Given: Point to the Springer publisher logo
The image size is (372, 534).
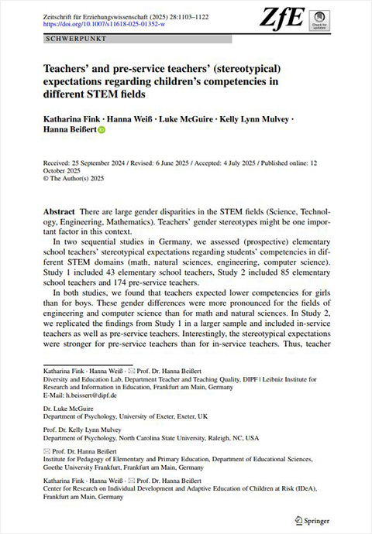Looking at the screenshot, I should pos(315,519).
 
